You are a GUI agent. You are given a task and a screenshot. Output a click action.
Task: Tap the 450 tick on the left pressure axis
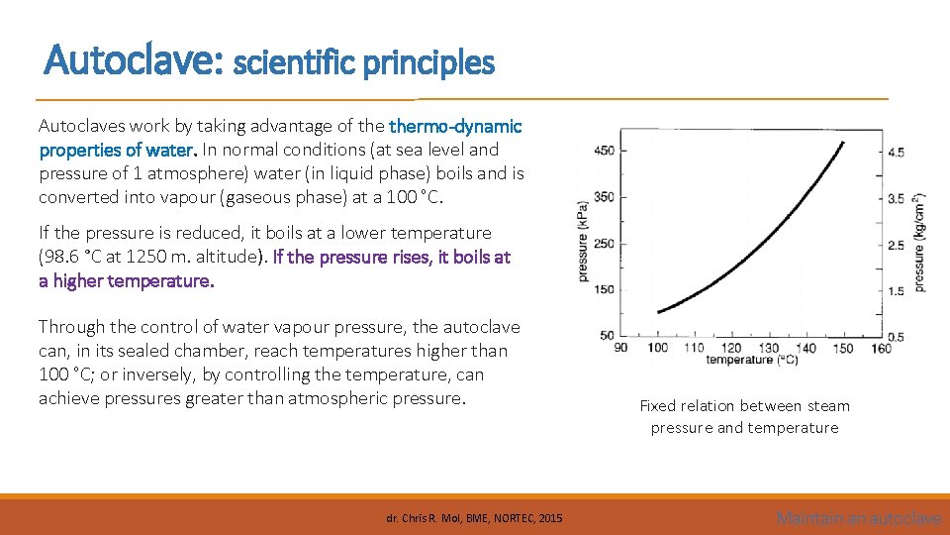click(603, 151)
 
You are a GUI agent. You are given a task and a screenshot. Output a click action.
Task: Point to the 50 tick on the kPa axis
click(606, 336)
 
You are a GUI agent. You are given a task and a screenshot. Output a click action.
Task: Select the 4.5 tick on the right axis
click(896, 153)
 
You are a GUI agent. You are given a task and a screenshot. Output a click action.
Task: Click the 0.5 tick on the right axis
click(896, 337)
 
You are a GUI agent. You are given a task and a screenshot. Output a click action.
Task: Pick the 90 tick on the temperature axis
click(621, 348)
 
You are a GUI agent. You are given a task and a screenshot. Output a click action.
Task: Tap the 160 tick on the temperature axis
click(880, 348)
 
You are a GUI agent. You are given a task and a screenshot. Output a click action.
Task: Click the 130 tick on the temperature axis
click(769, 348)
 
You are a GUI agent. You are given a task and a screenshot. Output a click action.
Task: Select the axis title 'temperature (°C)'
click(753, 360)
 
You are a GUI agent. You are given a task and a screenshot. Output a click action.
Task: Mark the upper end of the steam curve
click(843, 142)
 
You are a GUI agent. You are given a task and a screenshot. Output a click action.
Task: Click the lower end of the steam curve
click(659, 312)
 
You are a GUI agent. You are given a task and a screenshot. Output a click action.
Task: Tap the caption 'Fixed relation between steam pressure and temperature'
click(744, 416)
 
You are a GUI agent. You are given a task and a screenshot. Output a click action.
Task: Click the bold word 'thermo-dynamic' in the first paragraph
click(455, 126)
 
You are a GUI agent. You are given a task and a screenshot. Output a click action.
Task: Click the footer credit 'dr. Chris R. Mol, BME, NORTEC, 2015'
click(474, 518)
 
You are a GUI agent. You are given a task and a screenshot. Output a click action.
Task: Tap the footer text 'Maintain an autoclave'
click(858, 517)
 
